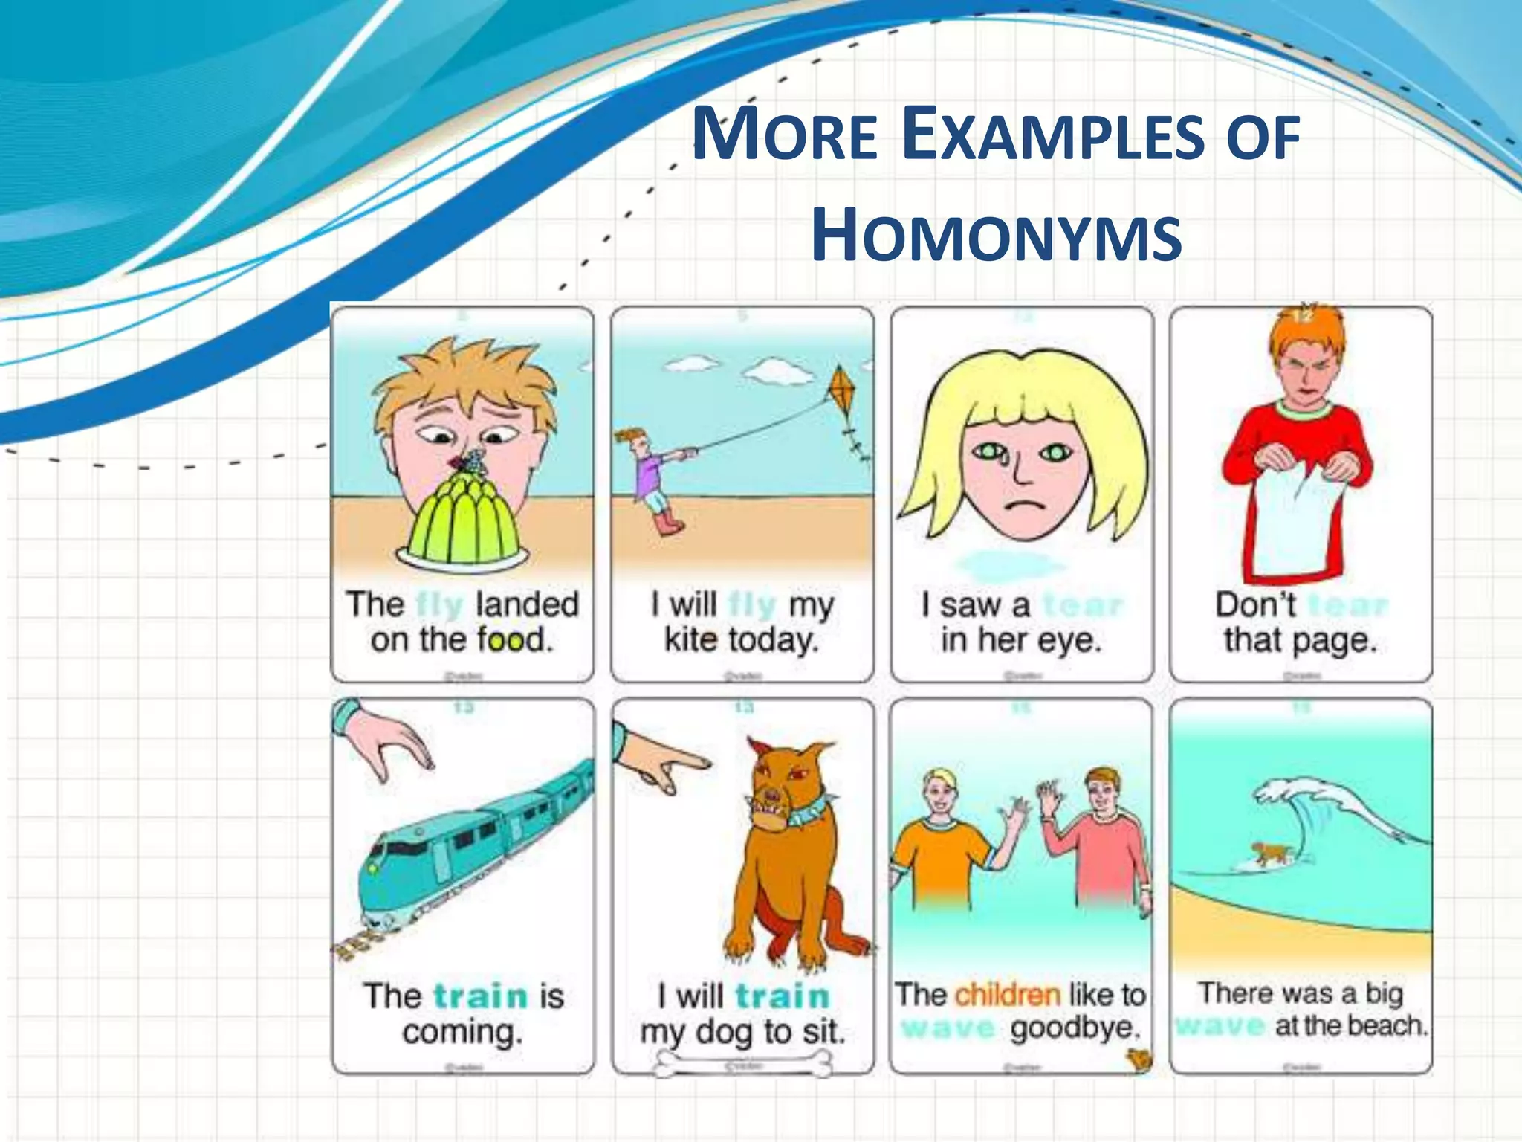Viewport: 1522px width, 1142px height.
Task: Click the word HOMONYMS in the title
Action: (996, 236)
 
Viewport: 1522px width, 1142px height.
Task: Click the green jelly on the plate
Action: (462, 516)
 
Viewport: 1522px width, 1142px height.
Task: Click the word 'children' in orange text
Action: (1007, 994)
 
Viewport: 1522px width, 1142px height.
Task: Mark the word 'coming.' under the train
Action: (462, 1032)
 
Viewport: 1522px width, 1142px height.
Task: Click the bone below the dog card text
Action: (743, 1065)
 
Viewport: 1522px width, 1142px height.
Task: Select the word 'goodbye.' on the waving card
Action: (1074, 1028)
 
